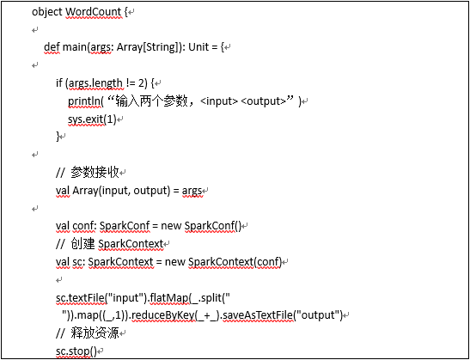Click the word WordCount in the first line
(x=94, y=12)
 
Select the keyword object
(x=47, y=13)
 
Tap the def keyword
(x=52, y=47)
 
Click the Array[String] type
(x=147, y=47)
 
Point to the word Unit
(x=198, y=47)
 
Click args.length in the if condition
(x=95, y=83)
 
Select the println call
(x=84, y=101)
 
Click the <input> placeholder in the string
(x=219, y=101)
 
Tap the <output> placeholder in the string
(x=263, y=101)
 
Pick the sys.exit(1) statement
(x=92, y=119)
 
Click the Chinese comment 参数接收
(x=95, y=173)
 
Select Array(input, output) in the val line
(x=121, y=191)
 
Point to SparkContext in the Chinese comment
(x=131, y=244)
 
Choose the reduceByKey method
(x=163, y=315)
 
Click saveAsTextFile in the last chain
(x=258, y=315)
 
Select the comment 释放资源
(x=95, y=333)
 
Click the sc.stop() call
(x=76, y=351)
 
